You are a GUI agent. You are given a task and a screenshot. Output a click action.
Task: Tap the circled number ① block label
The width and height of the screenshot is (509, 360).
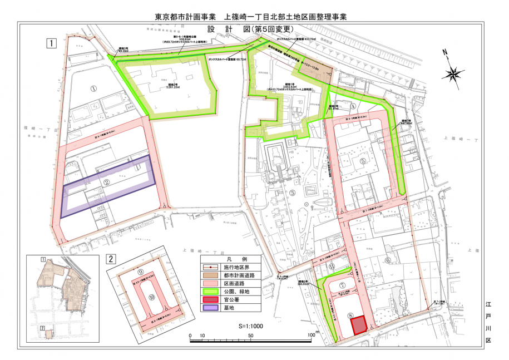click(x=94, y=88)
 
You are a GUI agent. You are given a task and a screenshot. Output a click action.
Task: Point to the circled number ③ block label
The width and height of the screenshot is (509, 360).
click(x=293, y=193)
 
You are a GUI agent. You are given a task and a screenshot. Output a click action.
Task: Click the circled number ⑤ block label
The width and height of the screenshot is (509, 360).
click(x=363, y=161)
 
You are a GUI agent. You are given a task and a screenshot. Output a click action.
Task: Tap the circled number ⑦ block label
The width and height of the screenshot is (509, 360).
click(x=342, y=286)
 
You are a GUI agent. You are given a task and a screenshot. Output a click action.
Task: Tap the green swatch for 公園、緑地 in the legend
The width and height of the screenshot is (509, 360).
click(x=211, y=292)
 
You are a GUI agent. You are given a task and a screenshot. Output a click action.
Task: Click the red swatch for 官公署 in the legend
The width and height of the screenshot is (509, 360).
click(x=211, y=299)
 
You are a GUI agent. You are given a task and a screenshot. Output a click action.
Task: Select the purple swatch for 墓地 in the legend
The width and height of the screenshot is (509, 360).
click(x=211, y=308)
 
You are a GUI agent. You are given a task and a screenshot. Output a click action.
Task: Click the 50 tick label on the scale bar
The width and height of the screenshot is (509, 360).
click(x=251, y=336)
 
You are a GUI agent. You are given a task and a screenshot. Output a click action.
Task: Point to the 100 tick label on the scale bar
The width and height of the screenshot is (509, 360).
click(x=310, y=336)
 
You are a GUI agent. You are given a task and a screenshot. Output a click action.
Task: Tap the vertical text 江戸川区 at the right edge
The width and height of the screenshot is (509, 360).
click(x=488, y=322)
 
